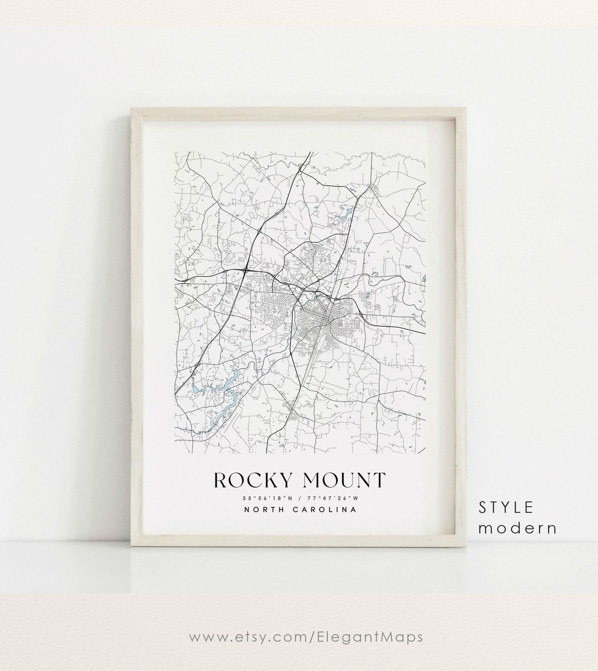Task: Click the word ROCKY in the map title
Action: pyautogui.click(x=249, y=479)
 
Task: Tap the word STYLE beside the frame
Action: pyautogui.click(x=506, y=507)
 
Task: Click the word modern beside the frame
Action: pyautogui.click(x=518, y=528)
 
